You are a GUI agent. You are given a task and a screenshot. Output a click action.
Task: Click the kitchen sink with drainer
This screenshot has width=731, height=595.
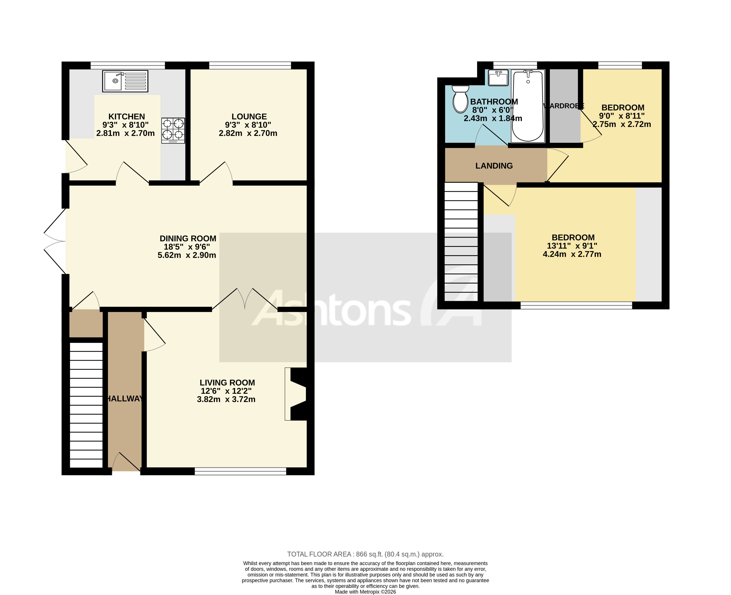125,81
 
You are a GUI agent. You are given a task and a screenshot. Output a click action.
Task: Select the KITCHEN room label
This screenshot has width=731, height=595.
127,116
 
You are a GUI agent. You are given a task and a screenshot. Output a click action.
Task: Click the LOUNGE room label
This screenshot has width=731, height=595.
249,116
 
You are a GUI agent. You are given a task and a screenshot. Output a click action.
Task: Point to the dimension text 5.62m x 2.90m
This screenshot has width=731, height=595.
187,255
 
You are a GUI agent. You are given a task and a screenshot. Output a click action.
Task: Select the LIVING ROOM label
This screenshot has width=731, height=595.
227,382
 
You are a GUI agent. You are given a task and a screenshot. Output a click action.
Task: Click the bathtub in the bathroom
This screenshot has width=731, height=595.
528,106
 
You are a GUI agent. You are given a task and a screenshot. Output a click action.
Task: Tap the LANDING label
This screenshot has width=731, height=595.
494,166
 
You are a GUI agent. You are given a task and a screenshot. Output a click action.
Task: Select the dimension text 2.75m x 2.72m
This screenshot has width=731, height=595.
622,124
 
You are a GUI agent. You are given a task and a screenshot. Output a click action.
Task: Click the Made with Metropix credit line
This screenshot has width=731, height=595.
365,592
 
